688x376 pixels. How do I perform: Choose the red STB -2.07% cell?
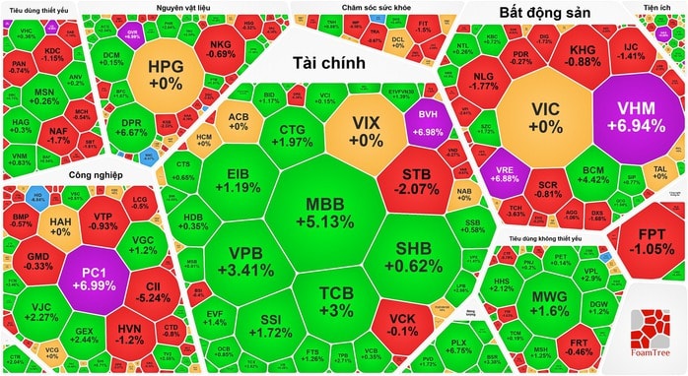point(414,180)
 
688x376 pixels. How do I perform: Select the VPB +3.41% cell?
point(241,261)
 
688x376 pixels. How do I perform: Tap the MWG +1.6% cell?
point(549,302)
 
